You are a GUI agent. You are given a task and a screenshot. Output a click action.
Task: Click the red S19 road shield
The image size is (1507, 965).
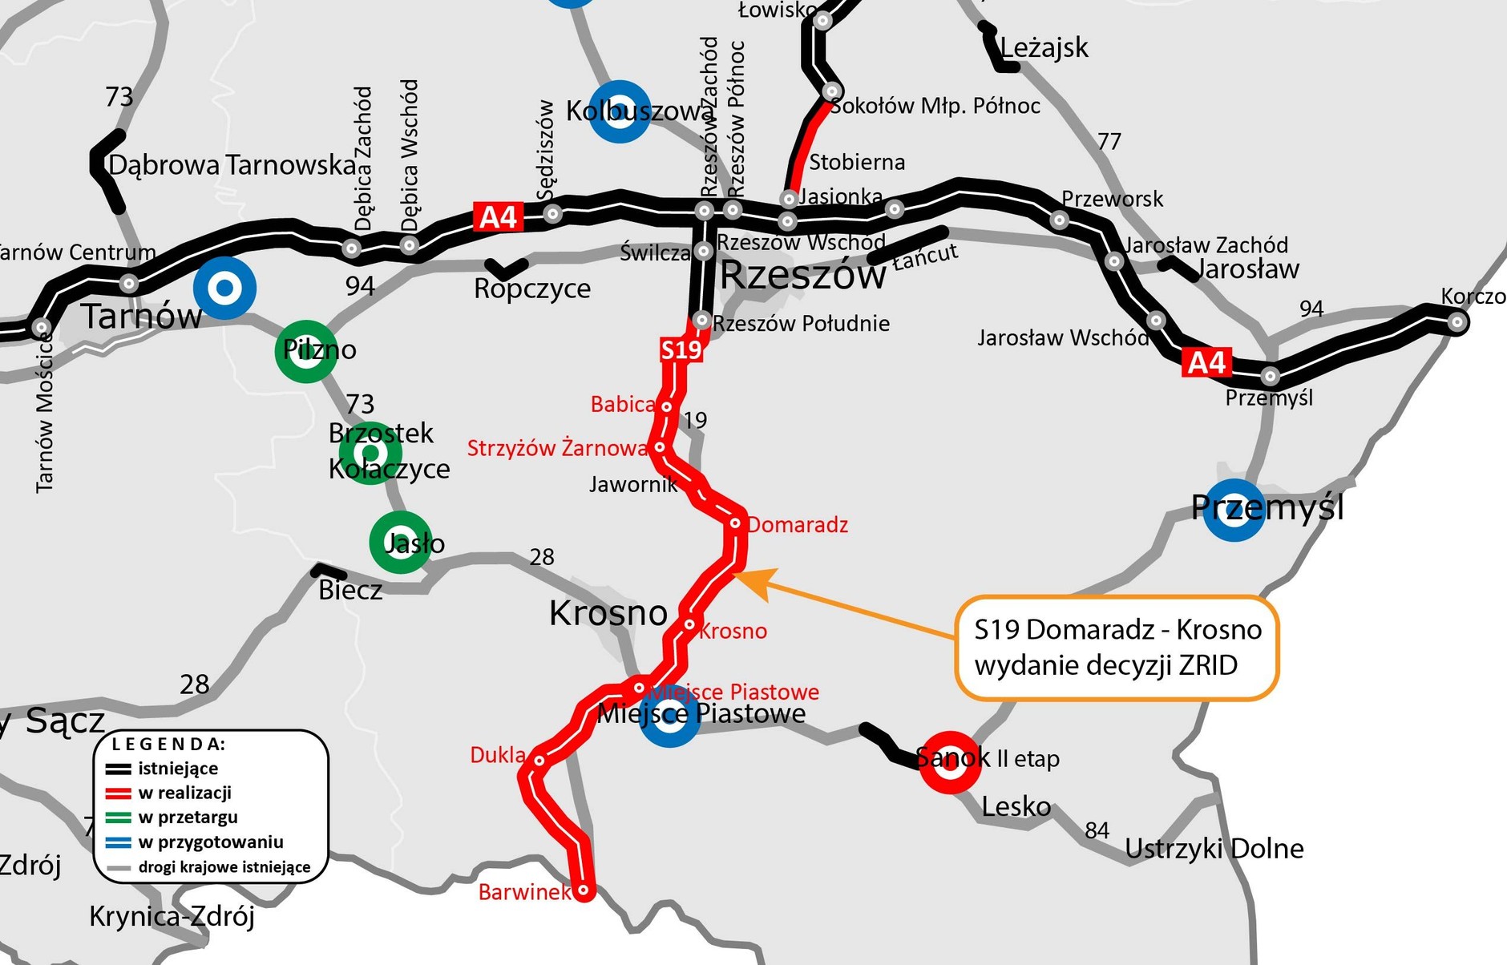(681, 350)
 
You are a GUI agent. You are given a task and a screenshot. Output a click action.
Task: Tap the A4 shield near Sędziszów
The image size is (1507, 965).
(498, 217)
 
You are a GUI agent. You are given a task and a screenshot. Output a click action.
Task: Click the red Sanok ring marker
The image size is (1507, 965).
(949, 762)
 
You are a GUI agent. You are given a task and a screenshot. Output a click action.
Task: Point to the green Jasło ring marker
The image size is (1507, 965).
(401, 543)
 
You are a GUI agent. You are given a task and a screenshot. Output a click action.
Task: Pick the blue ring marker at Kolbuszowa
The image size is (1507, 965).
(619, 111)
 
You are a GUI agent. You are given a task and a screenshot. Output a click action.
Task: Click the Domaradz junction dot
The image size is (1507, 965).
(735, 523)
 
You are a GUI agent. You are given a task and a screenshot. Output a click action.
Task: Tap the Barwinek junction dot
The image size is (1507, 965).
(584, 890)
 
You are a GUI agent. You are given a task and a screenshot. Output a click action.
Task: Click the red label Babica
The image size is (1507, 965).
(622, 405)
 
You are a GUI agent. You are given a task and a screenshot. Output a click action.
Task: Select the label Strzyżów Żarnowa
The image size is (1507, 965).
(557, 448)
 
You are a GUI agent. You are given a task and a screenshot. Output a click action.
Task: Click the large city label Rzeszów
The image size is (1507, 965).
(802, 276)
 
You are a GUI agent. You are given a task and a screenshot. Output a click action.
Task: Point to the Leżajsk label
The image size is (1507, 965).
(1044, 48)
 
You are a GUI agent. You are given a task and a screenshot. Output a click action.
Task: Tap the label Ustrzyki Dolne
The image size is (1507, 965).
(1214, 849)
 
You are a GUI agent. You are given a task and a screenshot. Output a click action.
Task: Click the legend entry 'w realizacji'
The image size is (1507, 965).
(184, 793)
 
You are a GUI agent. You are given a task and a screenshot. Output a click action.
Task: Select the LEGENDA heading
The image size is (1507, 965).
(168, 744)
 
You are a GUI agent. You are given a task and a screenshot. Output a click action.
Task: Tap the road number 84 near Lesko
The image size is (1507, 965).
(1097, 830)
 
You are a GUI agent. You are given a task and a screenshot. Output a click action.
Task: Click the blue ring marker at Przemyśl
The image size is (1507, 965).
(1234, 510)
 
